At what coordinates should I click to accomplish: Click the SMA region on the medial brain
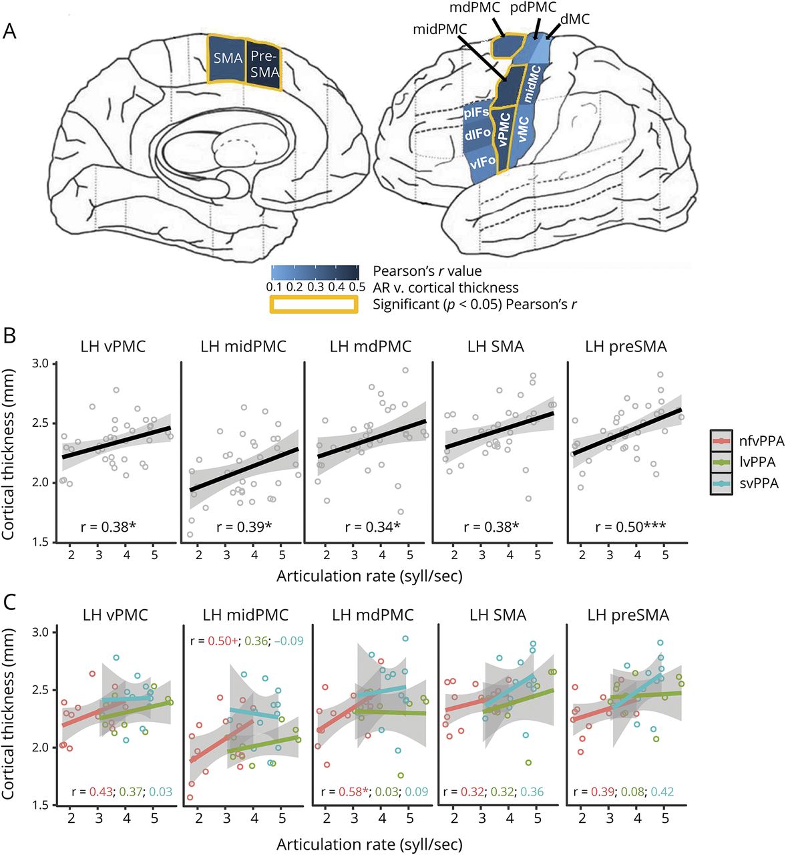(228, 58)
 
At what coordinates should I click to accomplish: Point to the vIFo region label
(481, 162)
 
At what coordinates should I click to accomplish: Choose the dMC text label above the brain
(575, 19)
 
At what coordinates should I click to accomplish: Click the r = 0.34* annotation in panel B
(372, 527)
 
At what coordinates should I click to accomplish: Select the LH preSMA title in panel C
(625, 615)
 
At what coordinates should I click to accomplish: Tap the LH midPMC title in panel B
(243, 347)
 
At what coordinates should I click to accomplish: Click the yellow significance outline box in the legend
(313, 305)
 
